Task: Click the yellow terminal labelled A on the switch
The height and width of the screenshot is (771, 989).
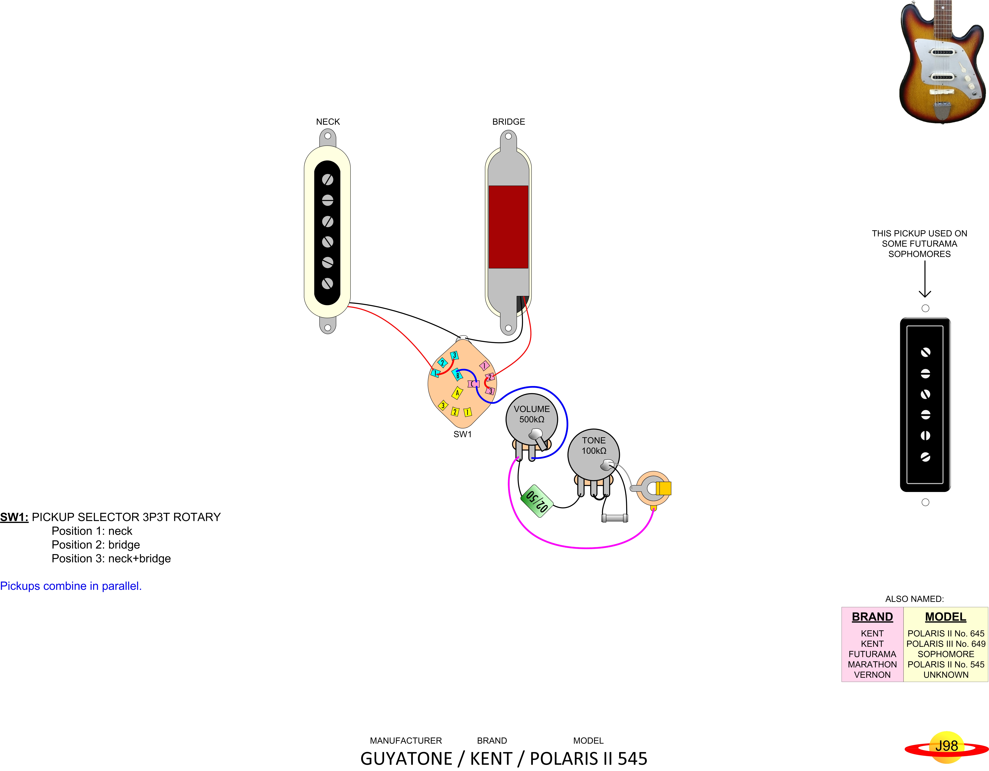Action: point(457,393)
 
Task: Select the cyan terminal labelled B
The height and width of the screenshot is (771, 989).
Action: point(457,375)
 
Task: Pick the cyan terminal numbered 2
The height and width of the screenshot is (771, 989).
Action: point(442,362)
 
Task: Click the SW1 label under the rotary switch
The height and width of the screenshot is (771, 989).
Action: point(462,434)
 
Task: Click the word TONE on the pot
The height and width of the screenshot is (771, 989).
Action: point(594,440)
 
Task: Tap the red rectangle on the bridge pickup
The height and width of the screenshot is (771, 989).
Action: point(508,227)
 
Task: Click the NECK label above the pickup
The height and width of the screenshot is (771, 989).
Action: point(328,121)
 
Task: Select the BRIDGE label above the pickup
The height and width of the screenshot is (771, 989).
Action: point(509,121)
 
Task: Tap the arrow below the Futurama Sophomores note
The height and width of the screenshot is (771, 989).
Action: point(925,281)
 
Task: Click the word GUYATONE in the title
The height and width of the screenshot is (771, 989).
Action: point(406,758)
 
